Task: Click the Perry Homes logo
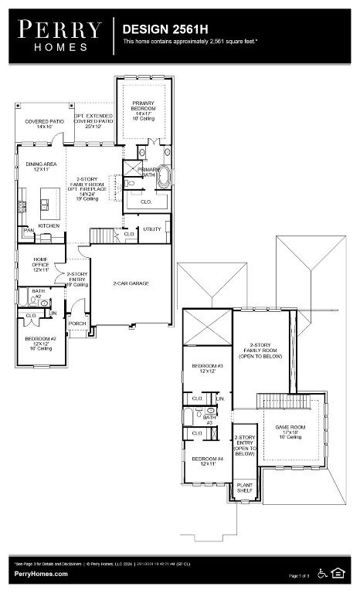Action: point(60,36)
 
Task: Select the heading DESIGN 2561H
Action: point(158,29)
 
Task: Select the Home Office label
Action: point(41,266)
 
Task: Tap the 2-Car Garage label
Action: point(131,283)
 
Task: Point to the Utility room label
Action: point(151,229)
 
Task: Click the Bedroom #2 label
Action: point(38,342)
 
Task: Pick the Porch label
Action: point(77,324)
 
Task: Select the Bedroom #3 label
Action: point(207,368)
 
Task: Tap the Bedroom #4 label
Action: point(207,462)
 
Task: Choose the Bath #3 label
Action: point(209,420)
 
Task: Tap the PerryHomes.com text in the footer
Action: point(41,574)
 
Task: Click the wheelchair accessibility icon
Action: point(323,572)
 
